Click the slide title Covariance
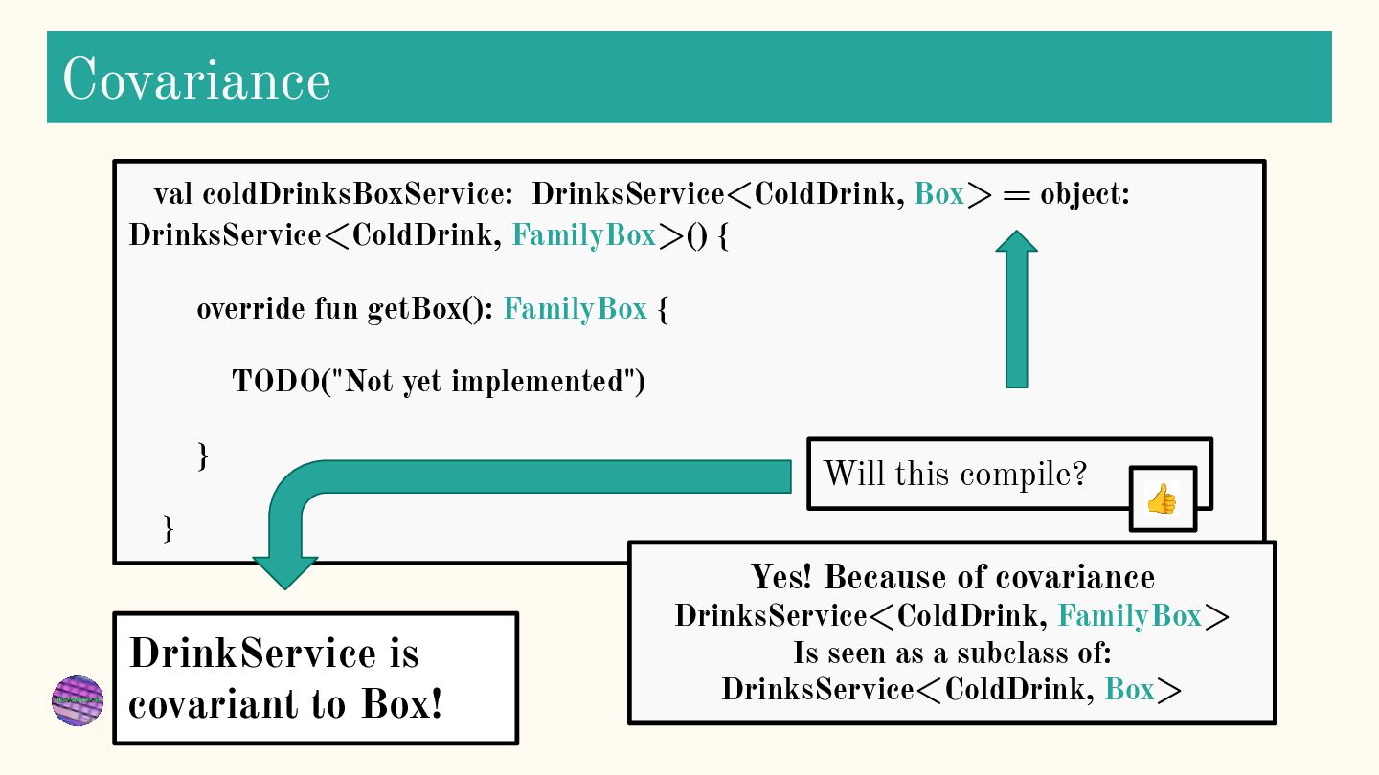coord(196,79)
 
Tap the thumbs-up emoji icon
coord(1162,498)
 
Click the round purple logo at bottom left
coord(78,700)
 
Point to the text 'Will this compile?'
coord(955,473)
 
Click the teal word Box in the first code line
coord(939,194)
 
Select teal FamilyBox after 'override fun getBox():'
coord(575,309)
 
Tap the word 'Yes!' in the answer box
coord(782,577)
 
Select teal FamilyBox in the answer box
coord(1129,615)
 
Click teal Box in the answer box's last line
coord(1129,689)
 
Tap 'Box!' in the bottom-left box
coord(402,704)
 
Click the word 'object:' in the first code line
coord(1085,194)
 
